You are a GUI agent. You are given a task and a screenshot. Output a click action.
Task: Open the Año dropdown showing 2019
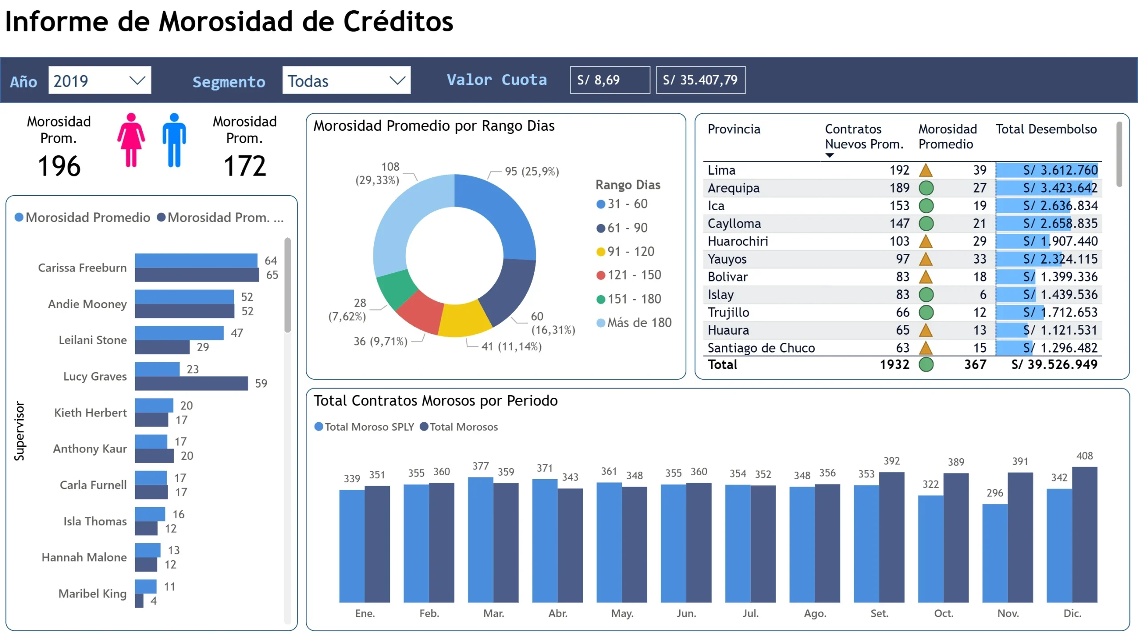click(x=100, y=80)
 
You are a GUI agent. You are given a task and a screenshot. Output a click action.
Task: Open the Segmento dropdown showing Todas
click(x=346, y=80)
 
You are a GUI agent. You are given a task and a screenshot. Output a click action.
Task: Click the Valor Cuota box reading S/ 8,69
click(x=609, y=80)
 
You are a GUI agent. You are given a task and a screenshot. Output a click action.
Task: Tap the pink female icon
click(x=131, y=140)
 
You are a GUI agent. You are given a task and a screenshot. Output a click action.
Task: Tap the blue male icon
click(x=174, y=140)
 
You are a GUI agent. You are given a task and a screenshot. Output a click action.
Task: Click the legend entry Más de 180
click(x=639, y=323)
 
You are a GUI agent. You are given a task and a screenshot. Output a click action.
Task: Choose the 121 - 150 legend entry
click(x=634, y=275)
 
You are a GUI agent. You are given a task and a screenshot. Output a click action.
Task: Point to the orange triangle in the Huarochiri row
click(x=926, y=241)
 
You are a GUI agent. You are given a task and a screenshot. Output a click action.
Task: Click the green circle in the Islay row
click(x=926, y=295)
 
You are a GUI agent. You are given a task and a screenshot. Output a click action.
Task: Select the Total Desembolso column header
click(x=1046, y=129)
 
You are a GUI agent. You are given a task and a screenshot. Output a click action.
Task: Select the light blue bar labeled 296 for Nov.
click(x=995, y=553)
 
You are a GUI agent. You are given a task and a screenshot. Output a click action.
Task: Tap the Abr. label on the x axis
click(x=558, y=613)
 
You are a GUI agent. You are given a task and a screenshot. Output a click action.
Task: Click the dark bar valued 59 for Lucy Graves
click(x=191, y=384)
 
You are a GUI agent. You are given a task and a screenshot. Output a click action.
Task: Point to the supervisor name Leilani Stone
click(x=92, y=340)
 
